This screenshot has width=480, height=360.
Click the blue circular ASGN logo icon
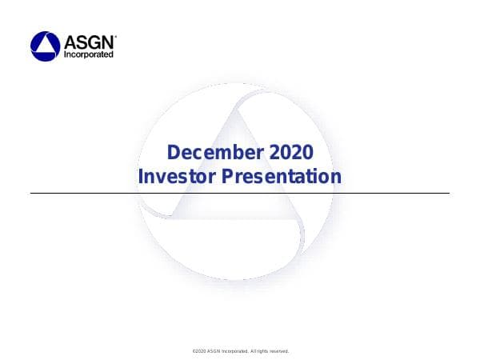point(46,46)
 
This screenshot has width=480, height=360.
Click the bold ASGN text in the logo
point(89,42)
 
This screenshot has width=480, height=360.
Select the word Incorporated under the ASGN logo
point(89,54)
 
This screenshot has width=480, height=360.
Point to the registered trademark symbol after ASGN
point(116,36)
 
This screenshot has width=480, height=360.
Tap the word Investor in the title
point(176,175)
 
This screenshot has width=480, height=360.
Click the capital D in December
point(171,152)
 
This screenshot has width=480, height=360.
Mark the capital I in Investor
point(141,175)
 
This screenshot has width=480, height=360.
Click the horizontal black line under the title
point(240,193)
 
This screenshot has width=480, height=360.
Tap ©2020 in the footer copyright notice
point(201,351)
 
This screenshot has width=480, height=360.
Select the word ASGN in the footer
point(218,351)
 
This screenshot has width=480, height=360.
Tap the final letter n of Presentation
point(336,175)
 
